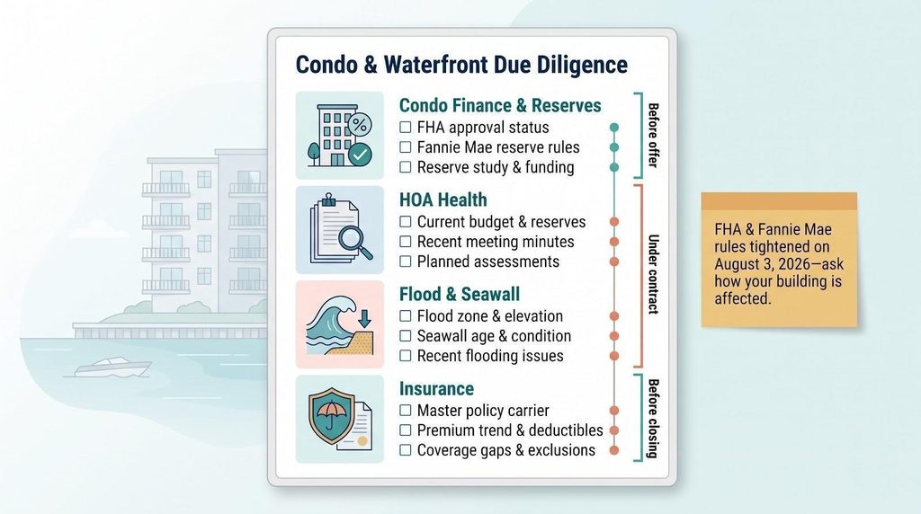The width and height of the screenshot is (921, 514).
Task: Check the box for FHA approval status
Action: pyautogui.click(x=406, y=128)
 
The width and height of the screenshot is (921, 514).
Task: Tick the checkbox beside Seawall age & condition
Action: pyautogui.click(x=406, y=335)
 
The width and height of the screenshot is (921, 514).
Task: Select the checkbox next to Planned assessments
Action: pyautogui.click(x=406, y=261)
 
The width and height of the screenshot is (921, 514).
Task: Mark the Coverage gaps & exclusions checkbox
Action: pyautogui.click(x=406, y=450)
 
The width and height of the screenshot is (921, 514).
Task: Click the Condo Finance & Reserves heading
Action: pyautogui.click(x=500, y=106)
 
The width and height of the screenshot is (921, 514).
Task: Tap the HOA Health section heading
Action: pyautogui.click(x=443, y=200)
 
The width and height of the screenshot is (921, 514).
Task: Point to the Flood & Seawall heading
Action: pyautogui.click(x=460, y=294)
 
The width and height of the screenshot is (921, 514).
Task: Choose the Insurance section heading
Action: pyautogui.click(x=436, y=388)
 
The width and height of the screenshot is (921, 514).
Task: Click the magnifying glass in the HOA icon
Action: pyautogui.click(x=355, y=243)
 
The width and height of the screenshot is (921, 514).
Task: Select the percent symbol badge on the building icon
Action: pyautogui.click(x=360, y=124)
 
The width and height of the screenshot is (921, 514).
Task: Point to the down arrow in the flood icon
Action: pyautogui.click(x=365, y=319)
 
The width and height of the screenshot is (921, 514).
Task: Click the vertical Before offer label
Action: pyautogui.click(x=653, y=136)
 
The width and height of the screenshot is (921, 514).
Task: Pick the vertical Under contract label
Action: pyautogui.click(x=653, y=275)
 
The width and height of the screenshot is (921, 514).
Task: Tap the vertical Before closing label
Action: pyautogui.click(x=653, y=419)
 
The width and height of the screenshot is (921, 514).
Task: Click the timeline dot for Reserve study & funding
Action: pyautogui.click(x=614, y=167)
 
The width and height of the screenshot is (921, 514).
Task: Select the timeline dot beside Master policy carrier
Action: pyautogui.click(x=614, y=411)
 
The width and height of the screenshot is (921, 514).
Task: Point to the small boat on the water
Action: pyautogui.click(x=112, y=368)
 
